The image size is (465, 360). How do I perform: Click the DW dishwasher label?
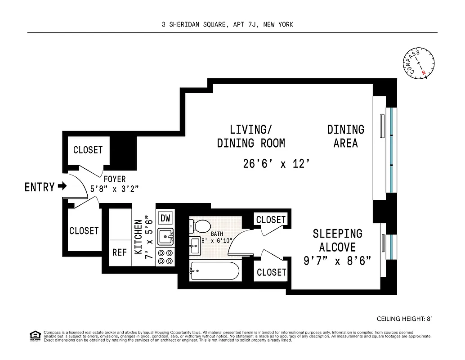coord(165,218)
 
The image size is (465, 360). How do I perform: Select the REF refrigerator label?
coord(120,252)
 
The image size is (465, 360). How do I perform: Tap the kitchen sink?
coord(165,236)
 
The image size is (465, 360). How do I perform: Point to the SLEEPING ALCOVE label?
coord(337,240)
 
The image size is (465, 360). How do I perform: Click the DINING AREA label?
coord(345,136)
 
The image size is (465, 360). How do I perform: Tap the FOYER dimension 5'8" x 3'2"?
coord(114,189)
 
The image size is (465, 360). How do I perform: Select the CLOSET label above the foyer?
coord(88,150)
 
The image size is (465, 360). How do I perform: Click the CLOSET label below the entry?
coord(84,231)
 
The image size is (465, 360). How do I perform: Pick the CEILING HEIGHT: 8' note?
coord(404,319)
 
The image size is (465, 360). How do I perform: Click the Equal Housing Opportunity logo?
coord(34,335)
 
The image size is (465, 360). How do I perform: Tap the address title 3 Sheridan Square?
coord(227,25)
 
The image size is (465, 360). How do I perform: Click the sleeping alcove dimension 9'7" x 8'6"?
coord(337,261)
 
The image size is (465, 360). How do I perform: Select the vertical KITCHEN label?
coord(139,236)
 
